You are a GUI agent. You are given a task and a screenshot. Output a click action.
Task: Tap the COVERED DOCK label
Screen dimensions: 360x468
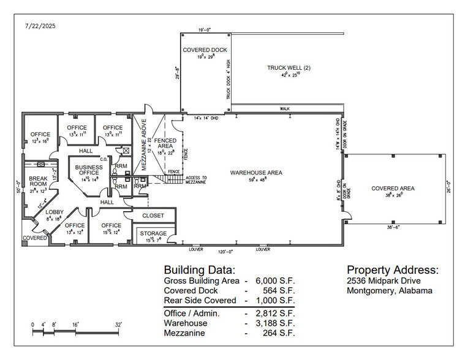coord(203,50)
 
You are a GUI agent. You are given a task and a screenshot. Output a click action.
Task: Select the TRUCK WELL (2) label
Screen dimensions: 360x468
coord(289,67)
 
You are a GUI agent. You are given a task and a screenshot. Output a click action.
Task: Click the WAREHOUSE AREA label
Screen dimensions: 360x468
coord(256,173)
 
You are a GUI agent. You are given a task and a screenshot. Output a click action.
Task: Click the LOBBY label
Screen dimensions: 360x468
coord(54,212)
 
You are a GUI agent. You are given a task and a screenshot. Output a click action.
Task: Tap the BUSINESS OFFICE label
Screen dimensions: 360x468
coord(88,170)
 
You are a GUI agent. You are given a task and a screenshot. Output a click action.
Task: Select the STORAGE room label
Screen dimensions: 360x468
coord(153,233)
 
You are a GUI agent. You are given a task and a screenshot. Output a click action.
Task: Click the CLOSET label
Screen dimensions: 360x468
coord(153,216)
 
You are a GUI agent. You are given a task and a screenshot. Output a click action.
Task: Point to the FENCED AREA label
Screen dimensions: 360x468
coord(165,143)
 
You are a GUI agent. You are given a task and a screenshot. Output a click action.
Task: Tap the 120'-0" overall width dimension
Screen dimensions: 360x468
coord(227,252)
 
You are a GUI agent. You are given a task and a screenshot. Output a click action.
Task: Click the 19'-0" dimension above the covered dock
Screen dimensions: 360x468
coord(205,29)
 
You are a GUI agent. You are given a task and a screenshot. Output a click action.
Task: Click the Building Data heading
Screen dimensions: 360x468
coord(198,269)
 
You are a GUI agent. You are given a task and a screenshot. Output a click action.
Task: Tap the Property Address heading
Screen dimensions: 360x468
coord(393,269)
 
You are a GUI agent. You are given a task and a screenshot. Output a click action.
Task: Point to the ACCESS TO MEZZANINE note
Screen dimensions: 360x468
coord(196,181)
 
